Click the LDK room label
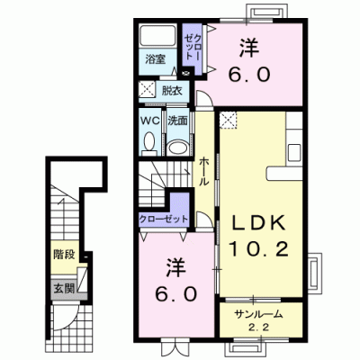[259, 223]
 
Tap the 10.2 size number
[259, 249]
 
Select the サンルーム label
[258, 314]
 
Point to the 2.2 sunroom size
[258, 328]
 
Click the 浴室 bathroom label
[155, 59]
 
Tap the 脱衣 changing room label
[172, 91]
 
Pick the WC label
[150, 121]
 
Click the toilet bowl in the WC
[149, 141]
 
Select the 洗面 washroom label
[177, 121]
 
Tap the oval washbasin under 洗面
[177, 148]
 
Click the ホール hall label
[203, 171]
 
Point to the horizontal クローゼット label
[163, 219]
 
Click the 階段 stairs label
[64, 255]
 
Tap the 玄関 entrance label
[64, 289]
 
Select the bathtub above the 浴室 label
[158, 37]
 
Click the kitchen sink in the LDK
[294, 153]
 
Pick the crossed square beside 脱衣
[147, 90]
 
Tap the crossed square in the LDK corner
[228, 120]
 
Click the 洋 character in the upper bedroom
[249, 49]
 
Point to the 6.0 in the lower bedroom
[176, 293]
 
